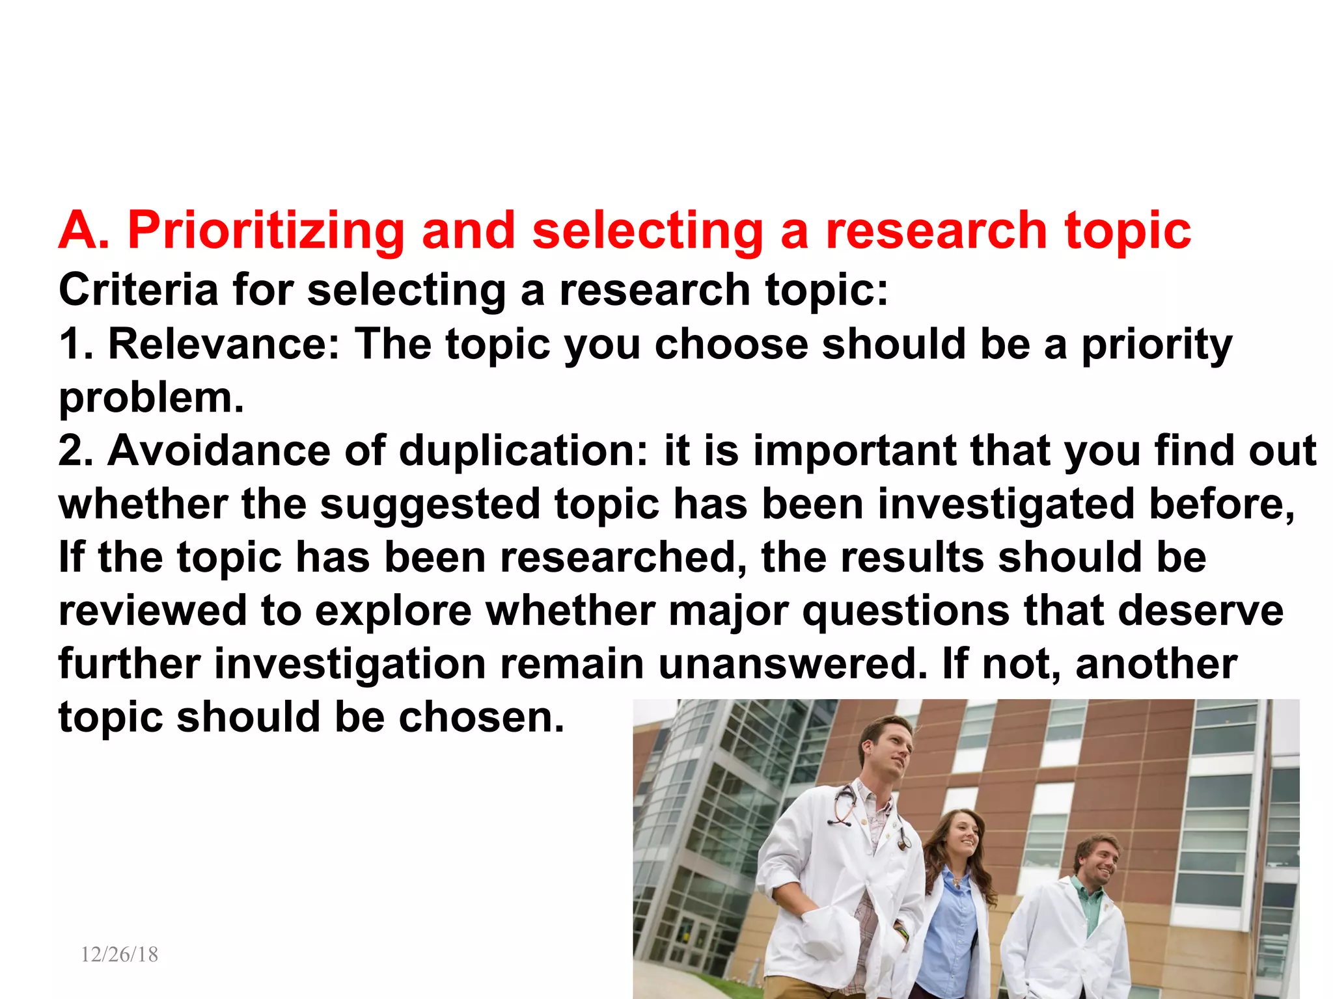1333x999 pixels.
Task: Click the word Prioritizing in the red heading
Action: pos(266,232)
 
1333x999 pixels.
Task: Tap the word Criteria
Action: pos(138,290)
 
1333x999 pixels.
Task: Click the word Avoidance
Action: pos(219,451)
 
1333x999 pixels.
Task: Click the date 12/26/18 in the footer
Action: pos(119,954)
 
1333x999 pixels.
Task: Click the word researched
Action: pos(623,558)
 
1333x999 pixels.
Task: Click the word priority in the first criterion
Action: pos(1157,345)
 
